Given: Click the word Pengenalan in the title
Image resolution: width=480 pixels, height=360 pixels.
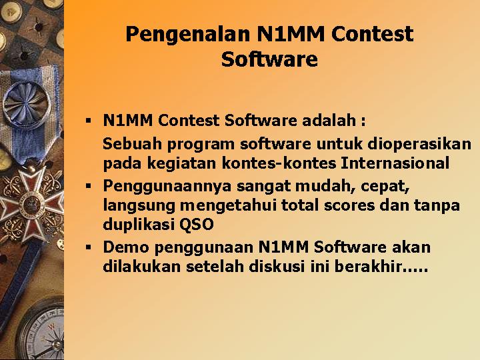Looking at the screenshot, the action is point(188,35).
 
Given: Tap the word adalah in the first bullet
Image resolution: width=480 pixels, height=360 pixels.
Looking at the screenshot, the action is point(329,120).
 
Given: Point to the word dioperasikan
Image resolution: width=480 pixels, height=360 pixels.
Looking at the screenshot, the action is point(419,145).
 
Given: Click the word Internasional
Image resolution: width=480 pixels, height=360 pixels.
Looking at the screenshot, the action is point(395,163).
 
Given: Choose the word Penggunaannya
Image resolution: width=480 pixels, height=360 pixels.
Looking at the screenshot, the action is point(167,187).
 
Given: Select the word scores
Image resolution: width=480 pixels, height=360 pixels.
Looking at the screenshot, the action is point(349,206).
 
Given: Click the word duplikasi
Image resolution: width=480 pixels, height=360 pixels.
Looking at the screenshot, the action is point(139,225).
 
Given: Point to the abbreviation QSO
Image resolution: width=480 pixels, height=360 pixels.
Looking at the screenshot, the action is point(196,225).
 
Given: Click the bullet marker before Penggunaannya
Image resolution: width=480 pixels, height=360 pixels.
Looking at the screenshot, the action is point(89,186).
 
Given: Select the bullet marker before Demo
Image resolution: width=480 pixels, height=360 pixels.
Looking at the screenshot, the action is point(89,247).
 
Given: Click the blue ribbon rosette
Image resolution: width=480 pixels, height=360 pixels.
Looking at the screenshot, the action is point(27,103).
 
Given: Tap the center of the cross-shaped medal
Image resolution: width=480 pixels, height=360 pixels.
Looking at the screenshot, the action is point(30,203).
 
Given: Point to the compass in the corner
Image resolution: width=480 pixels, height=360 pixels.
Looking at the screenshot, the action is point(41,331).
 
